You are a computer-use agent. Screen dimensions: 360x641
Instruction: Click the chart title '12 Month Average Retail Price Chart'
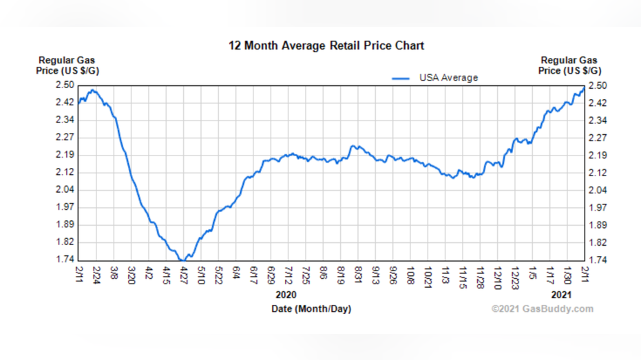tap(326, 46)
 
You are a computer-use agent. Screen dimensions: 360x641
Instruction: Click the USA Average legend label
tap(448, 78)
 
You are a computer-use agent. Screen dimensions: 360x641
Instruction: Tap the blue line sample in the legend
tap(401, 78)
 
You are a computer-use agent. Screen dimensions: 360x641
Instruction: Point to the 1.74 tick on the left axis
tap(65, 260)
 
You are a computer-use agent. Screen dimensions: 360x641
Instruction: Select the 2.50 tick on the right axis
tap(598, 85)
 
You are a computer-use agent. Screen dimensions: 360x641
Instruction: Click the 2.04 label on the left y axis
tap(65, 190)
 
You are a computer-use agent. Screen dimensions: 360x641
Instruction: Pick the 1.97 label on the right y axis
tap(598, 207)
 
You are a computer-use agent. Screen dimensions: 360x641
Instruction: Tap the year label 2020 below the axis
tap(285, 294)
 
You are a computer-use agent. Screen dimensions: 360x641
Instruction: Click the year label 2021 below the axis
tap(561, 294)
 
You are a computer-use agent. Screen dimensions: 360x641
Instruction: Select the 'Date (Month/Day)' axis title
tap(311, 309)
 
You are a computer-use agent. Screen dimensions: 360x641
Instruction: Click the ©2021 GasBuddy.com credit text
tap(542, 308)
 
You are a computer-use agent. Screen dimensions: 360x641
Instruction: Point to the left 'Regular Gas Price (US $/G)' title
tap(65, 65)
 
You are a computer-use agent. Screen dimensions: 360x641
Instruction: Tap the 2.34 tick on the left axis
tap(65, 120)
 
